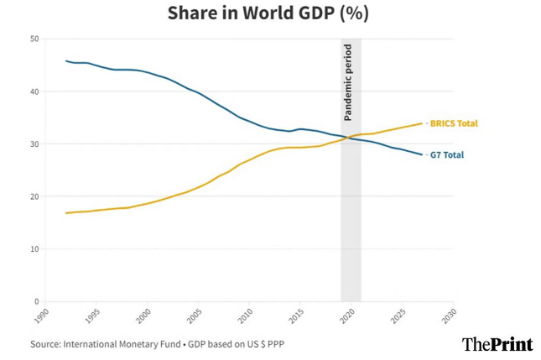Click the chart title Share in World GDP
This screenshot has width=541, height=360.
pos(268,14)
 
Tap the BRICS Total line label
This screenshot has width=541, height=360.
pos(453,123)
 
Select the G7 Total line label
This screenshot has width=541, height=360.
pos(446,155)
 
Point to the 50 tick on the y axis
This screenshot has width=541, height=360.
pos(34,39)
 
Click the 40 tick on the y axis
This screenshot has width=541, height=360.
pos(34,91)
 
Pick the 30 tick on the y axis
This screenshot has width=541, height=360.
pos(34,144)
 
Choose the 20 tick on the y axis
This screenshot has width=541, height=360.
pos(34,196)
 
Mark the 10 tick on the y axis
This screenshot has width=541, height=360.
pos(34,249)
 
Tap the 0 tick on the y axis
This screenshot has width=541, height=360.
pos(35,301)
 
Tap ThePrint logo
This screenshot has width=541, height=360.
pos(497,344)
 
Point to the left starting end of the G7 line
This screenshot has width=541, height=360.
pos(66,61)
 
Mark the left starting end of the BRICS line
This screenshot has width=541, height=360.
pos(66,213)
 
